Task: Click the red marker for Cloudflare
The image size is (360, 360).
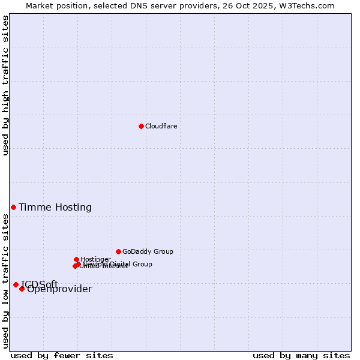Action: coord(141,126)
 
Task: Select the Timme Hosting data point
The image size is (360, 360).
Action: coord(13,207)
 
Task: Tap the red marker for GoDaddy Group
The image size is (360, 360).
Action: coord(118,251)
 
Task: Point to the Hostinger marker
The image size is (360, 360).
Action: coord(76,259)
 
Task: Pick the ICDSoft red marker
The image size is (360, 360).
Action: coord(16,284)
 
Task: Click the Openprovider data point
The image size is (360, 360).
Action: coord(22,289)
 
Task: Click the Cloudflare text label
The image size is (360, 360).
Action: coord(161,126)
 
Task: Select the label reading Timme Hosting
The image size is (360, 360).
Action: coord(55,208)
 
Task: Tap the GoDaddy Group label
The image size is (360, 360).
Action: coord(148,252)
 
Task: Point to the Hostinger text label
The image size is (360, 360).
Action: coord(95,259)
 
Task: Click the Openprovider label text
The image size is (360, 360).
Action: coord(60,290)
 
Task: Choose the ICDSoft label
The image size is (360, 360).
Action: coord(40,284)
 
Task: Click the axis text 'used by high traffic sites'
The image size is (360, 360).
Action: coord(6,85)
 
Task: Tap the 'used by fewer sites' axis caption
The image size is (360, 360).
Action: coord(62,356)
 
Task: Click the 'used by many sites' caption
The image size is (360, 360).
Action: coord(301,356)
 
